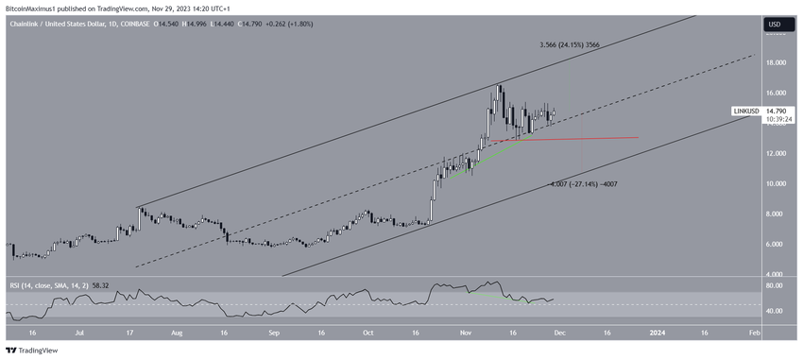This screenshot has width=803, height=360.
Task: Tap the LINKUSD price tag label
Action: point(745,111)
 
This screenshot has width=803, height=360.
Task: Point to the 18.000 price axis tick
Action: point(776,63)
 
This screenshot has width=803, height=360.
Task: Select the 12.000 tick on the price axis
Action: point(776,153)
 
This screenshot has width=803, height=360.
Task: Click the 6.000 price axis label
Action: point(776,244)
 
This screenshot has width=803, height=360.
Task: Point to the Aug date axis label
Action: point(175,333)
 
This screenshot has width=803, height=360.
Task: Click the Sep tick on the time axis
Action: point(273,333)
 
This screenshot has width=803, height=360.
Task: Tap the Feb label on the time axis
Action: point(754,333)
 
